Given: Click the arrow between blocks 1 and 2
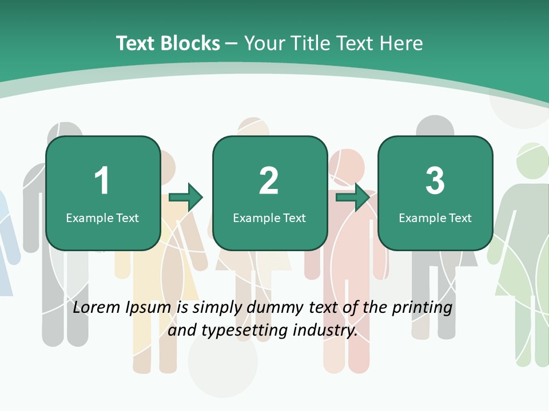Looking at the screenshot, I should pos(186,197).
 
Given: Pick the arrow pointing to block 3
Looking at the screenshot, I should pos(352,197).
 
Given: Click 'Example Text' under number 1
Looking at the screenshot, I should pos(102,217).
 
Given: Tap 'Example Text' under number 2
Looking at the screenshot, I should pos(269,217).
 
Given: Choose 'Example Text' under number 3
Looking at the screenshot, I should pos(435,217).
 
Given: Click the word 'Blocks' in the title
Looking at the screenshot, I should pos(190,43).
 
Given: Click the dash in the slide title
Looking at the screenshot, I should pos(232,43).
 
